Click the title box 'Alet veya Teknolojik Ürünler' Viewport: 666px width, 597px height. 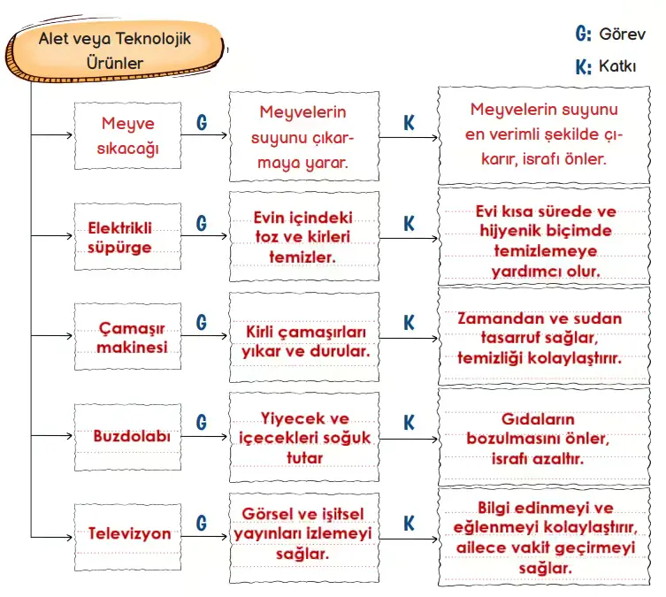point(115,51)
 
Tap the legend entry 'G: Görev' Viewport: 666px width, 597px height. point(611,34)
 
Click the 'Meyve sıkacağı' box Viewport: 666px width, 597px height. point(127,136)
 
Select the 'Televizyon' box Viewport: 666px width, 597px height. point(128,534)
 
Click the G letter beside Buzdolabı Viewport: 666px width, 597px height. point(202,422)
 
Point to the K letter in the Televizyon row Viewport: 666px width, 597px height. point(409,524)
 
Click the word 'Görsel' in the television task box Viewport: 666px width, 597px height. point(270,515)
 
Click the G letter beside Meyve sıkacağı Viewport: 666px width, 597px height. point(202,123)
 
